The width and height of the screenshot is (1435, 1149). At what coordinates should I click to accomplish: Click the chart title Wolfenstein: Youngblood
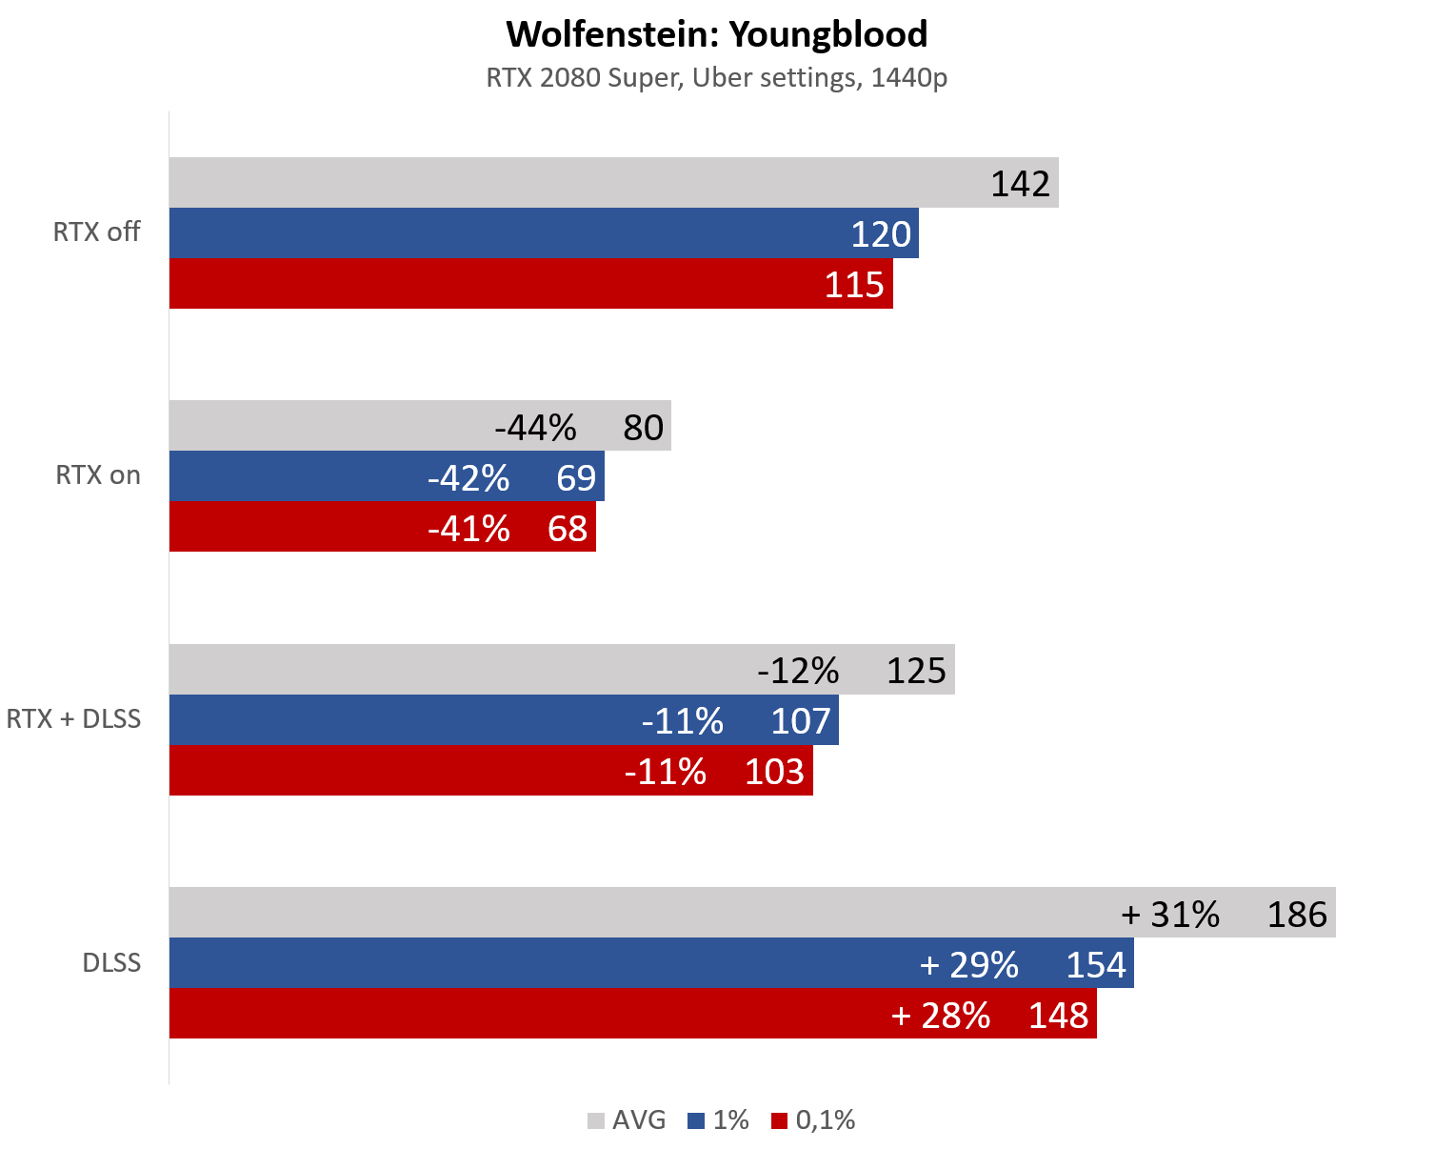click(x=716, y=34)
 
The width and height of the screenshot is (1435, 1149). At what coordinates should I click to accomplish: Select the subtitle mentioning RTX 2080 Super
click(x=716, y=77)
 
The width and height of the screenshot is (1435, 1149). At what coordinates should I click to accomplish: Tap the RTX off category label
click(x=96, y=232)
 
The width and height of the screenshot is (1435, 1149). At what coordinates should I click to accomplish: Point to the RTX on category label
click(x=98, y=474)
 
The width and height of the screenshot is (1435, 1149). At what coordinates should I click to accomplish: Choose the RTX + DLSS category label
click(x=73, y=718)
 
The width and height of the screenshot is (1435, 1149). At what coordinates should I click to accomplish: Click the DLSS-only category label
click(x=111, y=962)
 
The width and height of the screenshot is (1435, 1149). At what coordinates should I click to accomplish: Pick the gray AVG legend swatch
click(x=596, y=1120)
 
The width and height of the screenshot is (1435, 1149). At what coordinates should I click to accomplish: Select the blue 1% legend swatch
click(x=696, y=1120)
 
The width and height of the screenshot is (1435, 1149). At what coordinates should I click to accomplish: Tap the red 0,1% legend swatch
click(x=780, y=1120)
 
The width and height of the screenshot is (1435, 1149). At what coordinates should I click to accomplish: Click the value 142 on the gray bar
click(x=1020, y=183)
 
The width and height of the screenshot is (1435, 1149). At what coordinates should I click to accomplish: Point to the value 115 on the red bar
click(x=854, y=284)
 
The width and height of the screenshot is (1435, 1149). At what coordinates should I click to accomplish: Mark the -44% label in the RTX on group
click(x=535, y=428)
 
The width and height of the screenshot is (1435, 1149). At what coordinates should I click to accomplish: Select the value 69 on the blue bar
click(x=576, y=477)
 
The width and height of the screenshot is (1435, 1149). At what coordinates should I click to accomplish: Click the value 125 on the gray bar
click(x=916, y=671)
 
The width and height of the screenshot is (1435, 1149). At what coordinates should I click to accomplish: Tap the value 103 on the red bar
click(x=774, y=771)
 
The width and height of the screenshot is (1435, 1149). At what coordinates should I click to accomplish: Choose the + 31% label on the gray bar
click(x=1170, y=915)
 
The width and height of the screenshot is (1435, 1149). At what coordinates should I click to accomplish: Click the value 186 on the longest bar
click(x=1296, y=915)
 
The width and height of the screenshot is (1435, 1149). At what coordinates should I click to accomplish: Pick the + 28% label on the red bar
click(x=941, y=1015)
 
